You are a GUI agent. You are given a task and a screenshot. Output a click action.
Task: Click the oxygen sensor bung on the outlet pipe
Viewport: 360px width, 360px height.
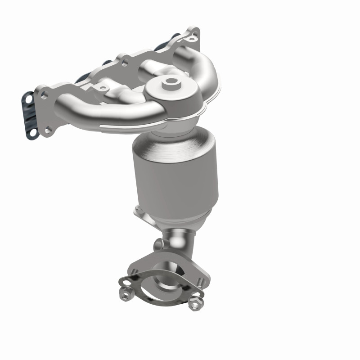[x=157, y=244]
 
